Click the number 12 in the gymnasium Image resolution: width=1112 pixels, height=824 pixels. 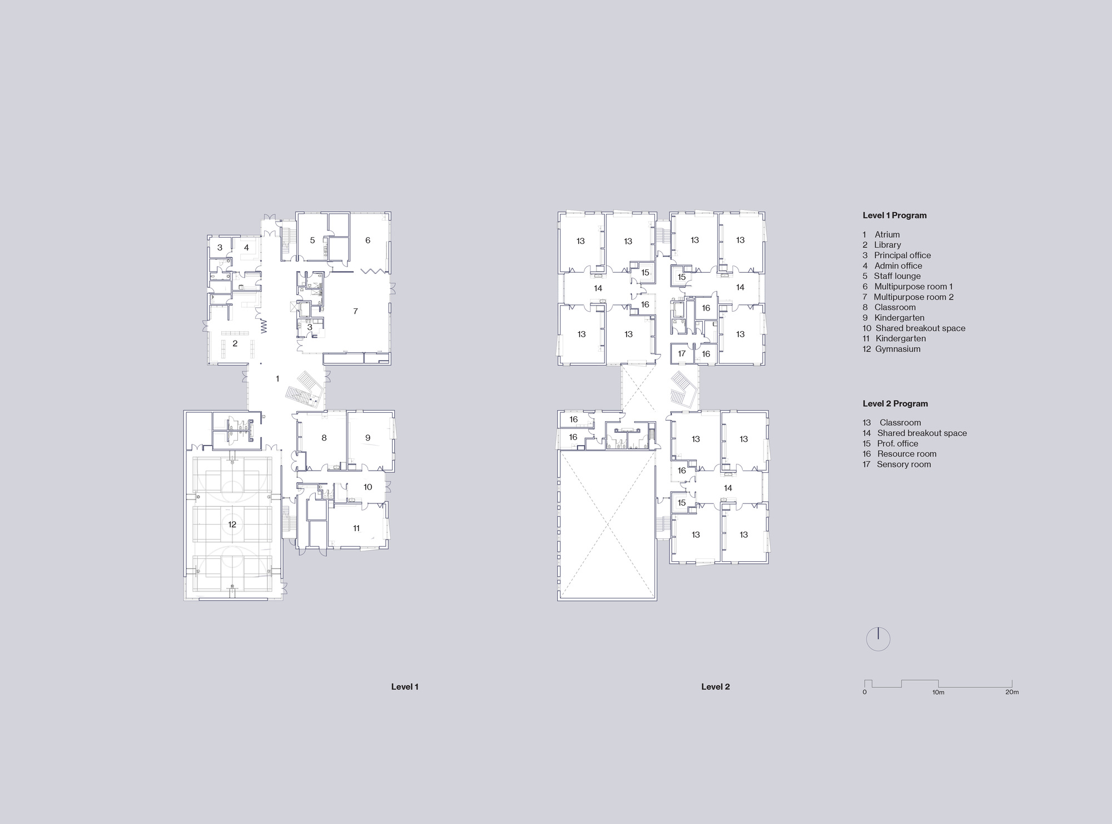pyautogui.click(x=232, y=525)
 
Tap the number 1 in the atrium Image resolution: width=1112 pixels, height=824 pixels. pyautogui.click(x=277, y=379)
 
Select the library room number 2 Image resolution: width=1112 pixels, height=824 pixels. pyautogui.click(x=235, y=344)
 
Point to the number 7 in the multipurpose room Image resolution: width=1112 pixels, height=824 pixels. pyautogui.click(x=356, y=311)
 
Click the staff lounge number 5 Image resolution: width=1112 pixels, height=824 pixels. pyautogui.click(x=312, y=241)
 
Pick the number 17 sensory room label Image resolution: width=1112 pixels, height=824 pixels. pyautogui.click(x=682, y=353)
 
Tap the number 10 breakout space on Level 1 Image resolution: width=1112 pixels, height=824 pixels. pyautogui.click(x=368, y=487)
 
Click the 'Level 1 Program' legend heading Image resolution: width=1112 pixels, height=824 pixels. pyautogui.click(x=895, y=216)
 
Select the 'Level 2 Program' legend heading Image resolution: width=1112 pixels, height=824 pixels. pyautogui.click(x=895, y=404)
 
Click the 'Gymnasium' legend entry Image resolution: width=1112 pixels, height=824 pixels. pyautogui.click(x=898, y=349)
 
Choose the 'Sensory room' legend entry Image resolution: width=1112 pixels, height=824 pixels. pyautogui.click(x=904, y=465)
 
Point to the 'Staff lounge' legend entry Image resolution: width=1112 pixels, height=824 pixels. pyautogui.click(x=897, y=276)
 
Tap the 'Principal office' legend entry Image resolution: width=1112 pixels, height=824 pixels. pyautogui.click(x=902, y=256)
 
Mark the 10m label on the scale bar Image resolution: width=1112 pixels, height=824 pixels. pyautogui.click(x=938, y=692)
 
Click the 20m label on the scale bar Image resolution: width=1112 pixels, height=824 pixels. pyautogui.click(x=1012, y=692)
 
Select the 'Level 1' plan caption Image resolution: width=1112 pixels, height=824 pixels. pyautogui.click(x=405, y=687)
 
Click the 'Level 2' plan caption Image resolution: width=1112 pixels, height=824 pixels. pyautogui.click(x=716, y=687)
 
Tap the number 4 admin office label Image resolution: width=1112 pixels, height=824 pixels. pyautogui.click(x=246, y=248)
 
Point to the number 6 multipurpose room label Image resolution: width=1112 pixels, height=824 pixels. pyautogui.click(x=368, y=241)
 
